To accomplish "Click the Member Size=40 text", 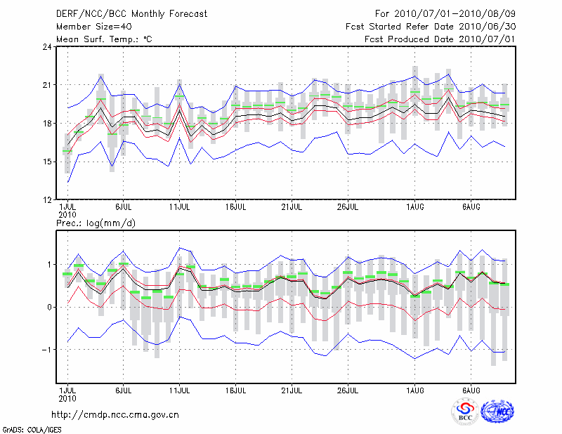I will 93,27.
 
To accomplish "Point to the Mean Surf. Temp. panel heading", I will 104,39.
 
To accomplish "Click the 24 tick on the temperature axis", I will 47,47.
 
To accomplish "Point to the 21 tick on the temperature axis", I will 47,85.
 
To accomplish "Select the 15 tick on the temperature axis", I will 47,162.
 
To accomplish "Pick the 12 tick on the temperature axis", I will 47,199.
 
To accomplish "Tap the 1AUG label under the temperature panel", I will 415,206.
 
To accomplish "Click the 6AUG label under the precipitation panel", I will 471,389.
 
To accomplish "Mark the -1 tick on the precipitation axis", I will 46,349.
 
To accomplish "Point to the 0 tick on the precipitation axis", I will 49,307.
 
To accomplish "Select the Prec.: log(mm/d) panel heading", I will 95,223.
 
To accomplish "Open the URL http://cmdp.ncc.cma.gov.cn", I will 115,414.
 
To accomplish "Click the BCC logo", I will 465,412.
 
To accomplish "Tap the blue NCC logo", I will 497,412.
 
